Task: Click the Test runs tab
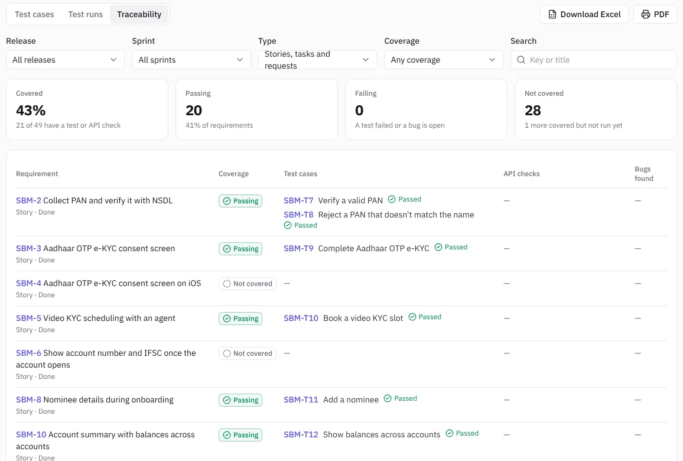click(x=85, y=14)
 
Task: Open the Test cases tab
click(x=34, y=14)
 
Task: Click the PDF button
click(x=655, y=14)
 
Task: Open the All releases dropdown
click(x=65, y=60)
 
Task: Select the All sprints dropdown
click(x=191, y=60)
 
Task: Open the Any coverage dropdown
click(x=444, y=60)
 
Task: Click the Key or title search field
click(x=593, y=60)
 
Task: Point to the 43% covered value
click(x=31, y=111)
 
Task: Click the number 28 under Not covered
click(x=533, y=111)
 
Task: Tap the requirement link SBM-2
click(x=28, y=200)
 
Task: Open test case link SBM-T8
click(x=298, y=215)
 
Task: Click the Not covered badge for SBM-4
click(x=248, y=284)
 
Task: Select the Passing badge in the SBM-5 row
click(x=240, y=319)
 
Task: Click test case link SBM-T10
click(x=301, y=318)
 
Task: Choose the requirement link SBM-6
click(x=28, y=353)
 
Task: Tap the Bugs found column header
click(x=644, y=173)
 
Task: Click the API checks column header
click(x=521, y=173)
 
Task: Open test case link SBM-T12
click(x=301, y=434)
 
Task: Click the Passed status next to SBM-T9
click(x=451, y=247)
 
